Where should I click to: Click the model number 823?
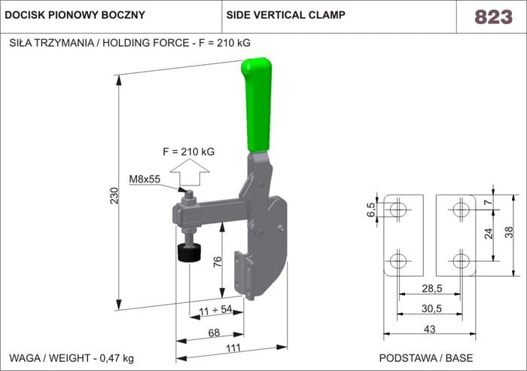[x=493, y=17]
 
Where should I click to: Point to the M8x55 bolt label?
[x=145, y=179]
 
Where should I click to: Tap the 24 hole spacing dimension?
[x=489, y=234]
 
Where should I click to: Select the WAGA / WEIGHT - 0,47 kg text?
[x=72, y=357]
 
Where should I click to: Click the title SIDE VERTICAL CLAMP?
[x=285, y=15]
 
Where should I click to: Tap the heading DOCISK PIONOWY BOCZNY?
[x=75, y=15]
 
